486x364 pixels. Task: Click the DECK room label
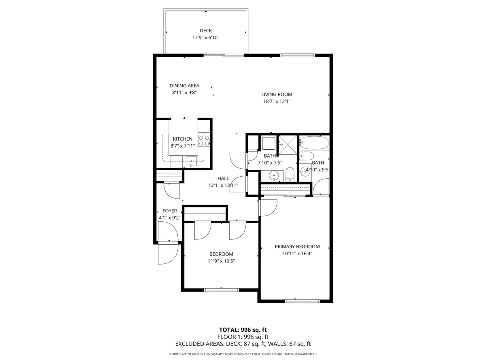coord(206,31)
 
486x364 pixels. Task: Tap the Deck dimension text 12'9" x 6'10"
coord(206,38)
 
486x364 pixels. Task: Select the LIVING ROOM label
coord(277,95)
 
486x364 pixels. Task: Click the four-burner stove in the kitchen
coord(204,140)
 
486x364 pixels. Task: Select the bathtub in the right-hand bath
coord(314,143)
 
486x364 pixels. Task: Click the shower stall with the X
coord(288,144)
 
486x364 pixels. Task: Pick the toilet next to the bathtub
coord(307,157)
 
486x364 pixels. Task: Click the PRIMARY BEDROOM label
coord(297,247)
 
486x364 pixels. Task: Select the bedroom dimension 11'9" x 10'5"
coord(222,261)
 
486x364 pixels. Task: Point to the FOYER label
coord(170,211)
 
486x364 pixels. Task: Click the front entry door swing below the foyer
coord(167,254)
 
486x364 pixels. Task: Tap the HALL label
coord(223,178)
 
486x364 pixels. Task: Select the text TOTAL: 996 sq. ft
coord(243,330)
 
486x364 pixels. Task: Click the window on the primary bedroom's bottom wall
coord(303,301)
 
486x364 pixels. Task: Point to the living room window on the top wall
coord(298,55)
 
